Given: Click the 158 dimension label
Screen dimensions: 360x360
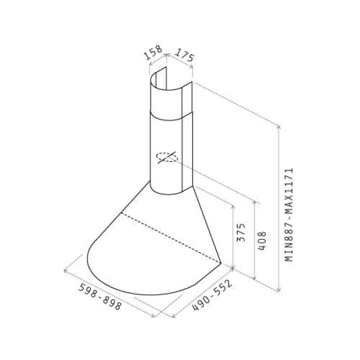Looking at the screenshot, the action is coord(153,52).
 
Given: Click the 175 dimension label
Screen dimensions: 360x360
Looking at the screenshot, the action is coord(185,55).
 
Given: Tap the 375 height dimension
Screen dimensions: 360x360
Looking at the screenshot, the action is coord(241,232).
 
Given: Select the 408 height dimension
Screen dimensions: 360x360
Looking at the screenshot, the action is coord(262,241).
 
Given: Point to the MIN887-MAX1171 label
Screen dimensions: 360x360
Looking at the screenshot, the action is coord(289,215).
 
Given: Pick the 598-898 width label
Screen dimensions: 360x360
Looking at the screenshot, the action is coord(100,296).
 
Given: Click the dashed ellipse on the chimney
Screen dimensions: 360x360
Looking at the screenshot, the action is coord(167,157).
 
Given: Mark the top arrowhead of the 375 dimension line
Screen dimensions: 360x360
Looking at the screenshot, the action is coord(233,206).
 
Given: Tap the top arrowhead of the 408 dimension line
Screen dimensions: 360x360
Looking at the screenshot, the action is coord(254,203).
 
